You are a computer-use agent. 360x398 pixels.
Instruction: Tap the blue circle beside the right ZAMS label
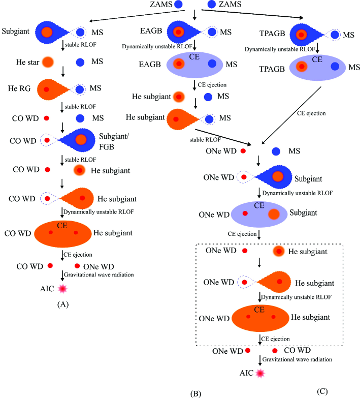212,5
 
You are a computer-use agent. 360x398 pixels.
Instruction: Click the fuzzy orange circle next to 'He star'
47,62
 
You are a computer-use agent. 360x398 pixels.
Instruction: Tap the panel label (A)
63,305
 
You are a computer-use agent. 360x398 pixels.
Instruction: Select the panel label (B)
197,393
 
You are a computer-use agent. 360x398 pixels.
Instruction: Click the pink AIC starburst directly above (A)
63,288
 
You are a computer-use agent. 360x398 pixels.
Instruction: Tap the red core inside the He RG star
47,89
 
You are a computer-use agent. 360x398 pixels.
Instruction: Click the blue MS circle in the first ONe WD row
277,151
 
